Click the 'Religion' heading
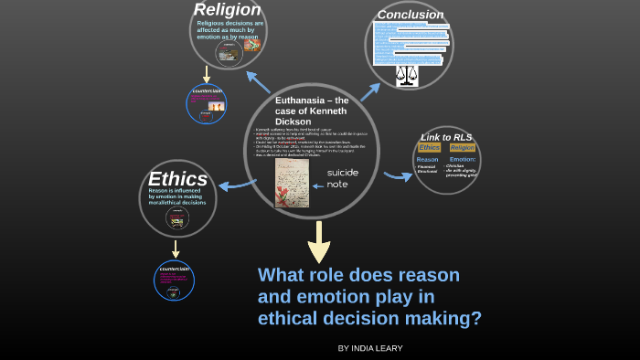click(227, 10)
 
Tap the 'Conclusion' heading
click(411, 15)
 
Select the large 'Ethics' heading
click(178, 179)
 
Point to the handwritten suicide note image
click(292, 184)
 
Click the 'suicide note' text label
click(343, 178)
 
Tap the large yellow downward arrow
click(319, 241)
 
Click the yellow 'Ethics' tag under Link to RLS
click(430, 147)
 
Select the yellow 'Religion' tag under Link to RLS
click(463, 147)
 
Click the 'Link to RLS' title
click(447, 136)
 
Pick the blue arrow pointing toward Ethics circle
click(236, 184)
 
